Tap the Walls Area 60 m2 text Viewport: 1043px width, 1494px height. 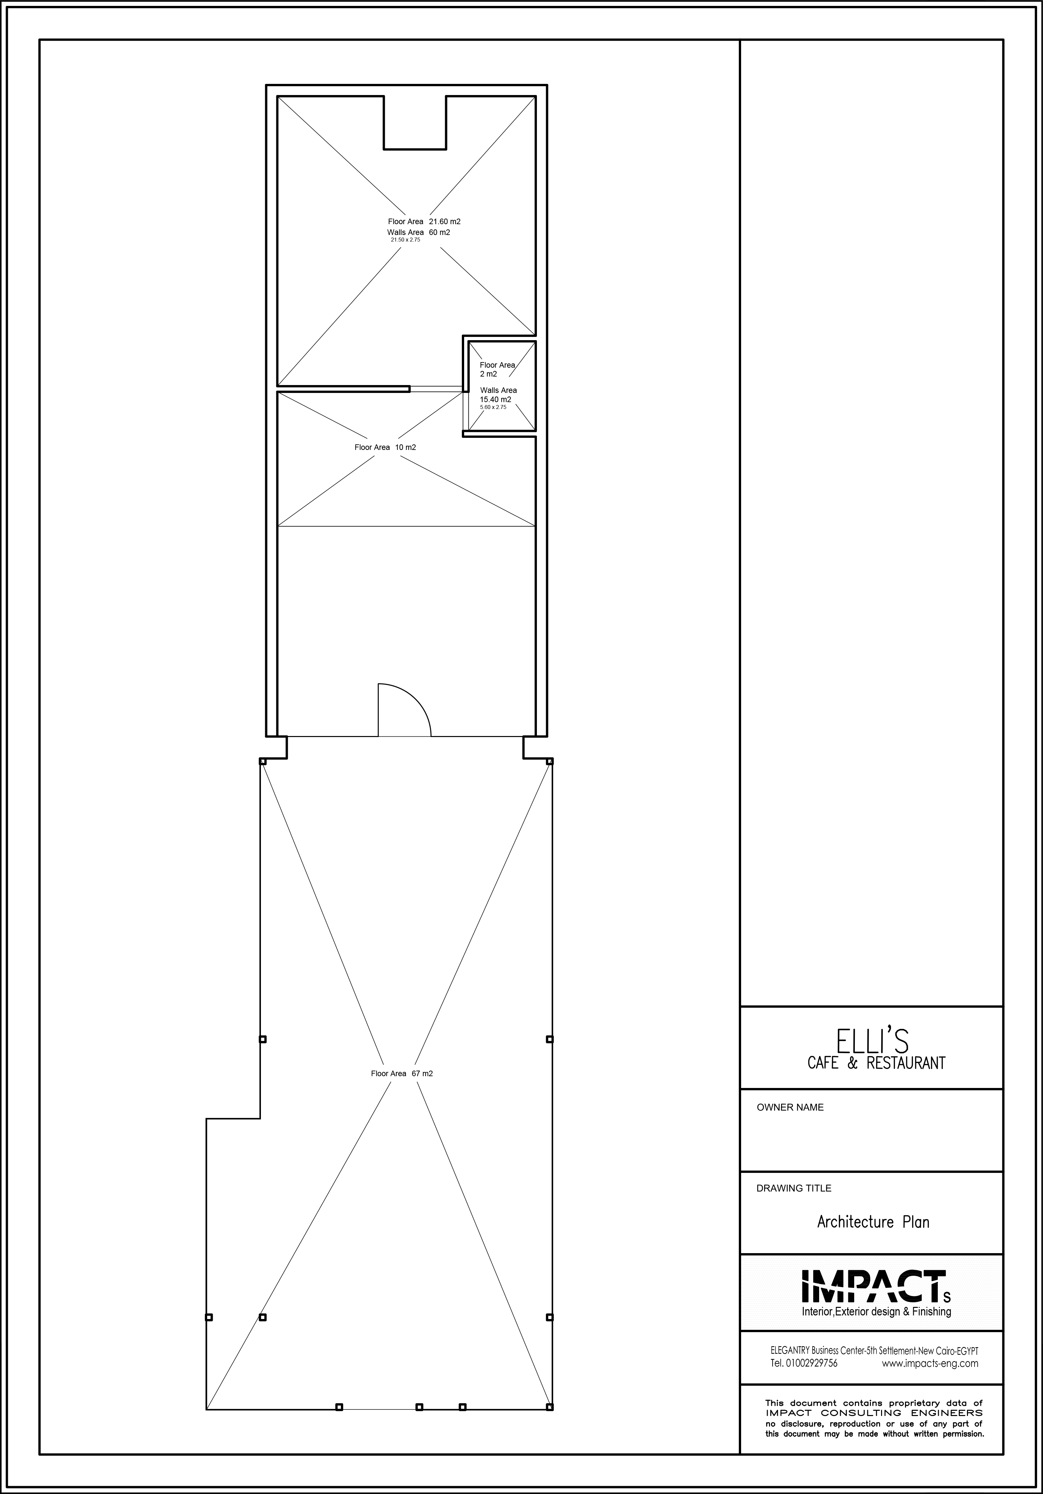(418, 232)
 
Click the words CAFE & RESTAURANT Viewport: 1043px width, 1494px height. (876, 1063)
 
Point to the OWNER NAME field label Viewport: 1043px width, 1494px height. (790, 1108)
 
